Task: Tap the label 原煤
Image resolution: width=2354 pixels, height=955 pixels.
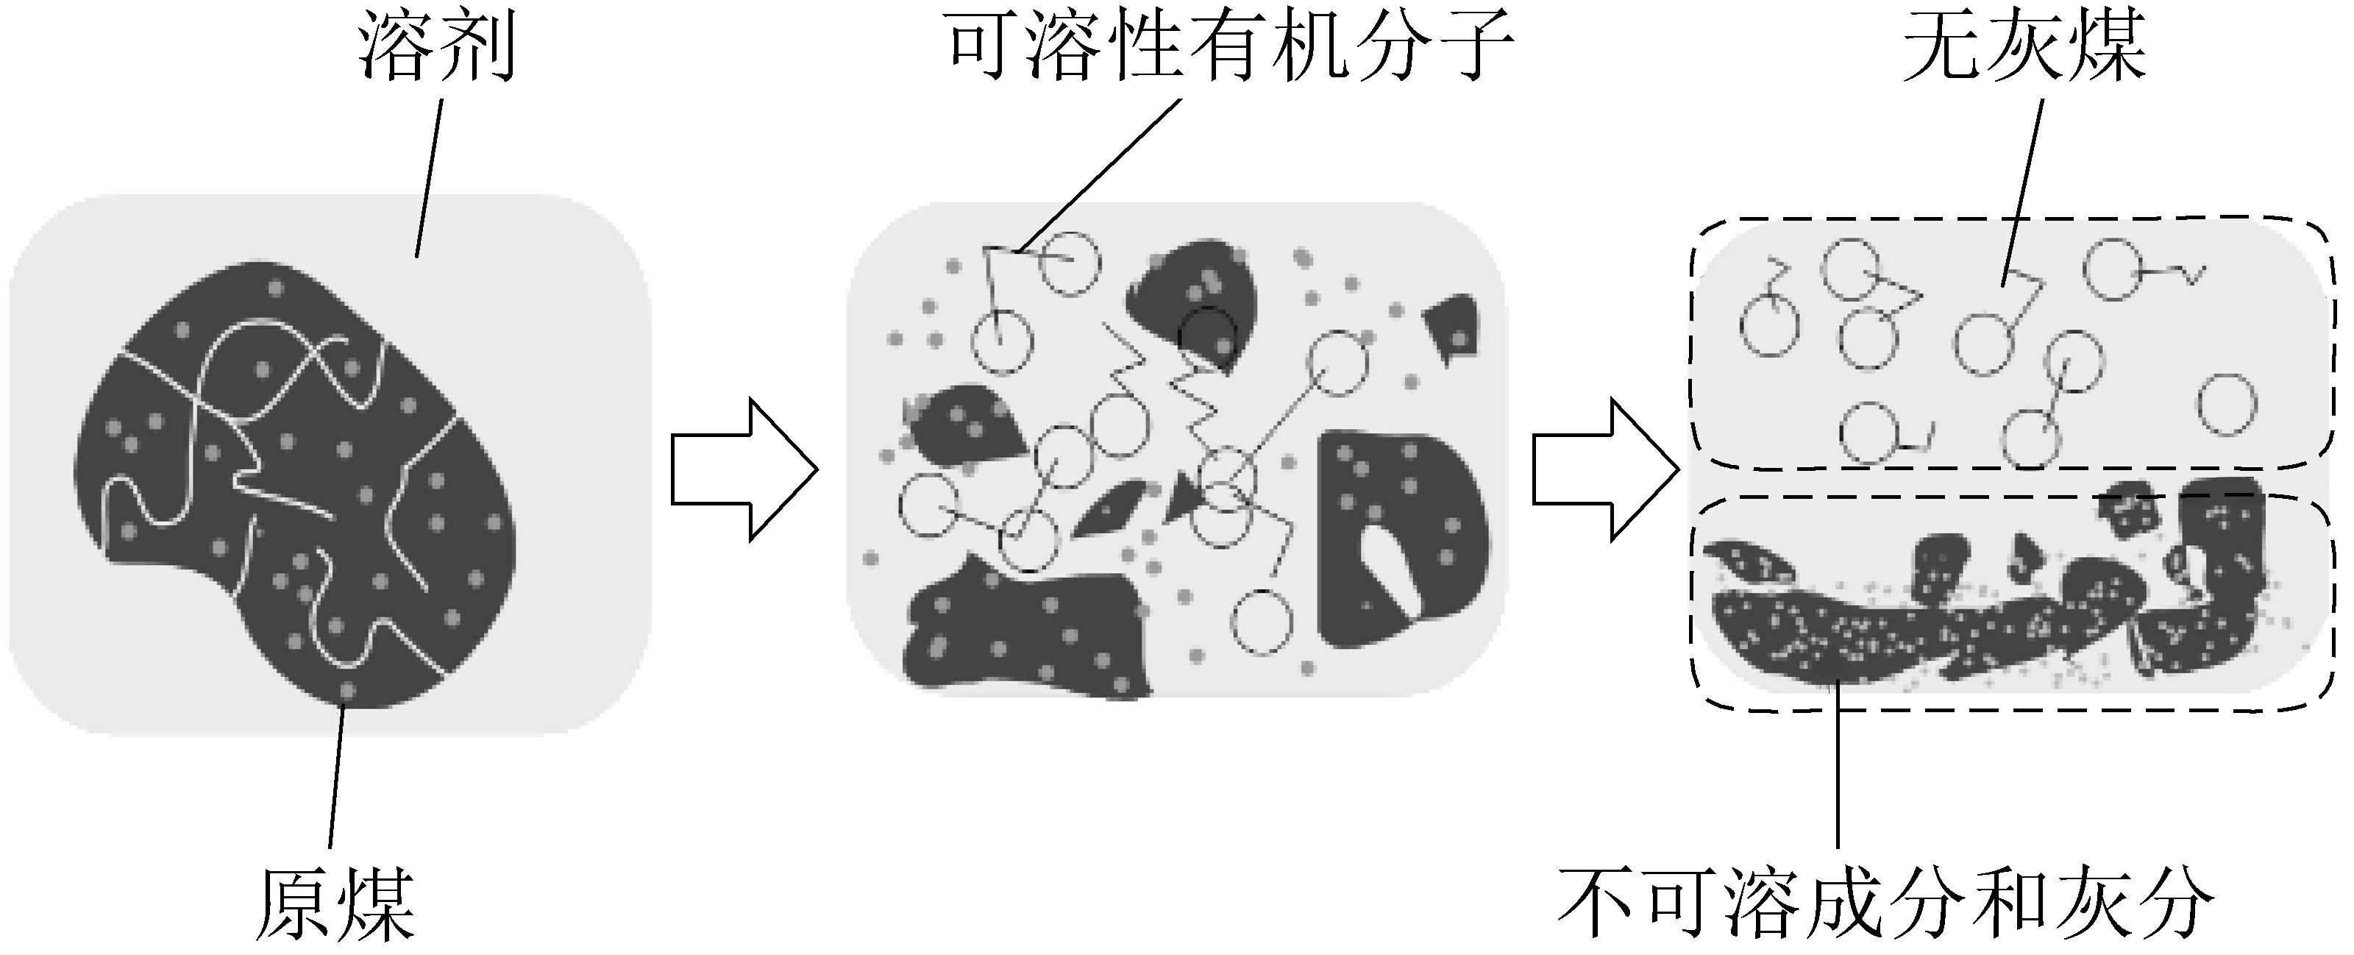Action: click(335, 905)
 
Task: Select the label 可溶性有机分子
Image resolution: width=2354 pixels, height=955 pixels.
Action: click(1230, 48)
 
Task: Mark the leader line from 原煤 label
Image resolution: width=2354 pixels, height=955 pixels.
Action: click(336, 777)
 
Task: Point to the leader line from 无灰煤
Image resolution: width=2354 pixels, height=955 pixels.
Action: click(2022, 182)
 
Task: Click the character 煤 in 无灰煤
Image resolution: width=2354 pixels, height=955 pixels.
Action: click(2105, 48)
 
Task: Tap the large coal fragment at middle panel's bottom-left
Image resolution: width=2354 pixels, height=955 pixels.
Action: click(1014, 631)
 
